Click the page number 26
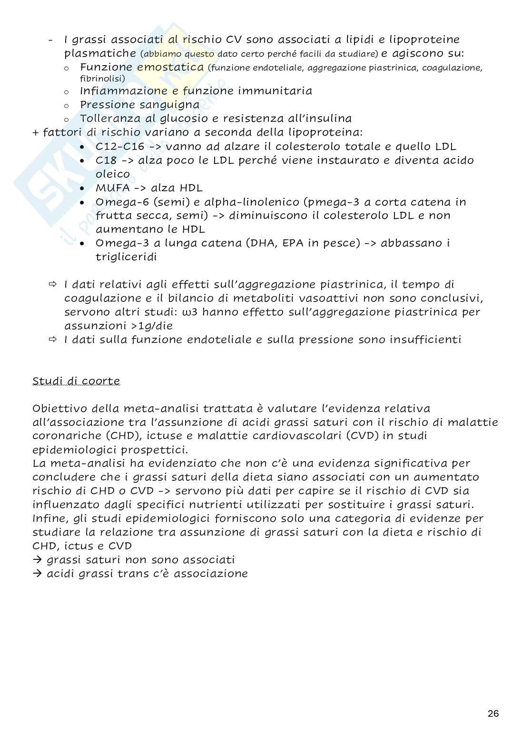point(493,713)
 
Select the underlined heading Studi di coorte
point(76,381)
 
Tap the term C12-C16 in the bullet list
point(119,146)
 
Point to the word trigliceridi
point(126,257)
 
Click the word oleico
point(113,174)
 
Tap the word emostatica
point(170,67)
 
